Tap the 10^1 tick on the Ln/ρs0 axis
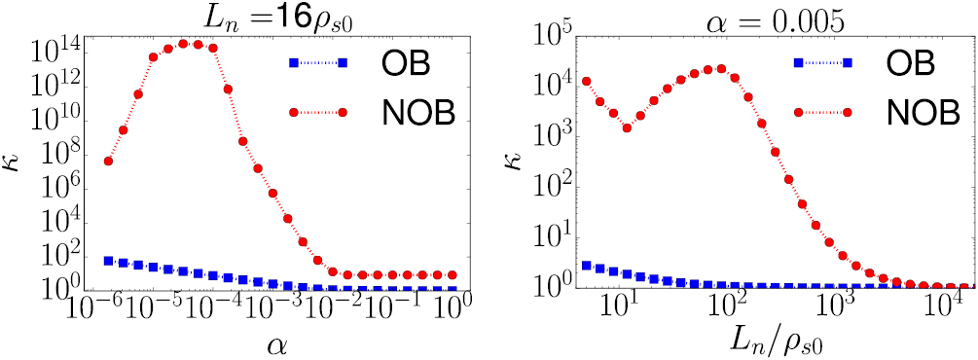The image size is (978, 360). pos(620,308)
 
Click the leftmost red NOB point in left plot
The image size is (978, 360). pos(108,162)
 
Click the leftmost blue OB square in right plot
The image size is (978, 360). pos(586,265)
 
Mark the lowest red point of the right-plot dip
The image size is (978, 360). pos(627,127)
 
